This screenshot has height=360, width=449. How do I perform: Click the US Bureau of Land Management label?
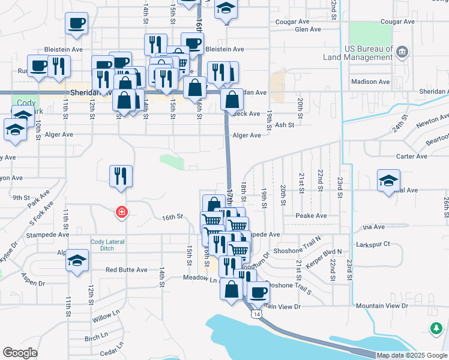coord(369,53)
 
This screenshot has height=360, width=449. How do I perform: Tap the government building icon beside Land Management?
coord(402,52)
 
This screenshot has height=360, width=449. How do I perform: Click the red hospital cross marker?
coord(121,212)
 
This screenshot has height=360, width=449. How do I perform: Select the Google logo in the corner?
coord(20,353)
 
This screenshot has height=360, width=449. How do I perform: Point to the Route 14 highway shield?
coord(257,314)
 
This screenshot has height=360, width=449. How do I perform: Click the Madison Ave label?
coord(370,82)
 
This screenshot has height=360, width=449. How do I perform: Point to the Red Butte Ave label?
coord(127,270)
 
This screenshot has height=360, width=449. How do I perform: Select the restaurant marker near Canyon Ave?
coord(121,176)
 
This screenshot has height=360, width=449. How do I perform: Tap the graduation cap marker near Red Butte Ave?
coord(76,262)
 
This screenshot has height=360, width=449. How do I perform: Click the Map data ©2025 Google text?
coord(411,355)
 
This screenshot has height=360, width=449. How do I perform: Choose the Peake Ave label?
coord(311,215)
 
